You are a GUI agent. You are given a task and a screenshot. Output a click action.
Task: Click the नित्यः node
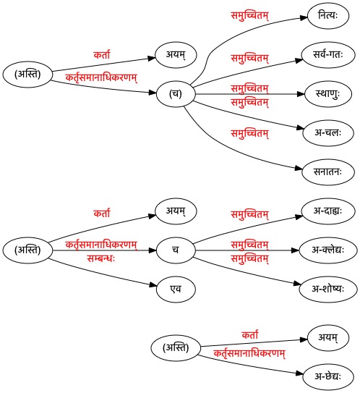[x=328, y=16]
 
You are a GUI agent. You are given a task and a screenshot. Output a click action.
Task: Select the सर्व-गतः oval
[x=328, y=55]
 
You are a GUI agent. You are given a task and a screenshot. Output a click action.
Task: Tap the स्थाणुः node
[x=328, y=94]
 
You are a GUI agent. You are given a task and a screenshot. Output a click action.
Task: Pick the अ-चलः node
[x=328, y=133]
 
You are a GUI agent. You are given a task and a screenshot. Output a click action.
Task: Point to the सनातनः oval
[x=328, y=172]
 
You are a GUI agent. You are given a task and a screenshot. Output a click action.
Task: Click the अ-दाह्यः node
[x=328, y=211]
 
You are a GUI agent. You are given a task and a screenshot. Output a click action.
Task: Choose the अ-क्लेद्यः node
[x=328, y=250]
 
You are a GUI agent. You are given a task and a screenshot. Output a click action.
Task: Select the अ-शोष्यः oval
[x=328, y=290]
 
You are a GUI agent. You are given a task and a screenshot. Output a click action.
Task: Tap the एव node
[x=176, y=290]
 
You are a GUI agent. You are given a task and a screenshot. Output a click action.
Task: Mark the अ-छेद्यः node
[x=328, y=377]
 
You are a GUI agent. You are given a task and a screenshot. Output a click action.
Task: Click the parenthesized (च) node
[x=176, y=94]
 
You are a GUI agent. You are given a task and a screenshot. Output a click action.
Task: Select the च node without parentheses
[x=176, y=250]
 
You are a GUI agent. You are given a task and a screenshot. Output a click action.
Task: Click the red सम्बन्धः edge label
[x=101, y=258]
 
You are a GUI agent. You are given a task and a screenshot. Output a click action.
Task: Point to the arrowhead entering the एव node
[x=153, y=285]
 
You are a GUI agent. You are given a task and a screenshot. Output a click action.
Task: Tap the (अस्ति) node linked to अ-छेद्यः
[x=176, y=348]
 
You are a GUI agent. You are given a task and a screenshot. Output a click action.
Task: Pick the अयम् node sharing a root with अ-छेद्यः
[x=328, y=338]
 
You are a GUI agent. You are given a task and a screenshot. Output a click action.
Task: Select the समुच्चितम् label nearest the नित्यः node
[x=249, y=16]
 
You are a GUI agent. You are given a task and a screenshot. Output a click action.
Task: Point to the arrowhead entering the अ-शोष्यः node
[x=297, y=284]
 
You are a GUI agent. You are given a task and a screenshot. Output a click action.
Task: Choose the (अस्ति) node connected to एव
[x=27, y=250]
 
